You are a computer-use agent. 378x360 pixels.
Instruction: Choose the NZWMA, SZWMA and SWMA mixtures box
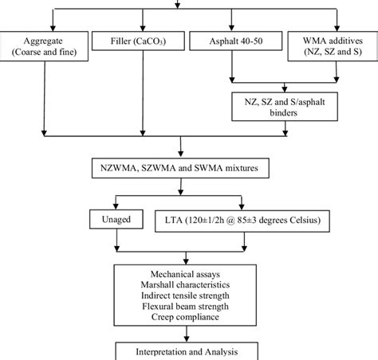coord(185,170)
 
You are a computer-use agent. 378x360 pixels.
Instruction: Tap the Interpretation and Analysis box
coord(185,351)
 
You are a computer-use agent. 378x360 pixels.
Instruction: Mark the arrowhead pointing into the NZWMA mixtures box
coord(185,156)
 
